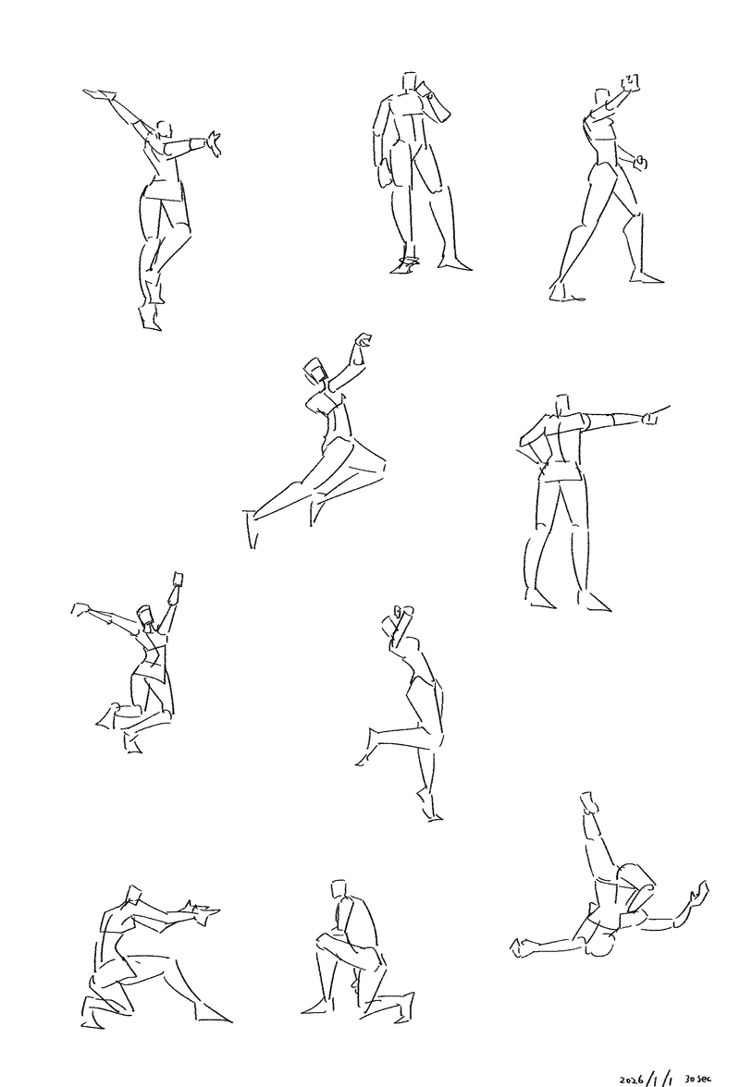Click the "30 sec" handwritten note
[x=697, y=1078]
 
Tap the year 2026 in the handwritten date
[x=632, y=1080]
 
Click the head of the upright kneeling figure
[x=339, y=889]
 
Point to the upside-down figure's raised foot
[x=589, y=802]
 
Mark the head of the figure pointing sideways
[x=562, y=405]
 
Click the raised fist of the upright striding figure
[x=631, y=82]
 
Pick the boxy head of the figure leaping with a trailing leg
[x=315, y=371]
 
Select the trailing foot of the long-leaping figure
[x=251, y=529]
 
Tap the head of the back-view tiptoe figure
[x=164, y=130]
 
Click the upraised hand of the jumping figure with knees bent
[x=177, y=579]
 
